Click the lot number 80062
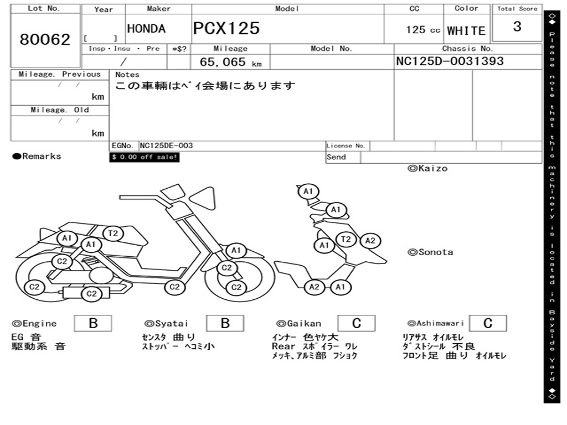(x=45, y=40)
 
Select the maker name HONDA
(x=146, y=29)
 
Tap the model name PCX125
(x=226, y=29)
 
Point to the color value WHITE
(x=466, y=31)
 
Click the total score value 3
(x=517, y=27)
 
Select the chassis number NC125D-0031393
(x=450, y=61)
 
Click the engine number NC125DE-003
(x=166, y=146)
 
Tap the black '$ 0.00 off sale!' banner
(x=145, y=157)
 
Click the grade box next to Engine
(x=92, y=323)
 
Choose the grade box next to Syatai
(x=225, y=323)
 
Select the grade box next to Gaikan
(x=356, y=323)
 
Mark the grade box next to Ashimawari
(x=487, y=323)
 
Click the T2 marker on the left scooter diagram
(x=113, y=234)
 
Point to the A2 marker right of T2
(x=370, y=241)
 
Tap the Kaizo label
(x=427, y=168)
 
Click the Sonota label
(x=430, y=252)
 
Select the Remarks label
(x=37, y=157)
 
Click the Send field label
(x=336, y=157)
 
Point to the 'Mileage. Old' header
(x=60, y=110)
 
